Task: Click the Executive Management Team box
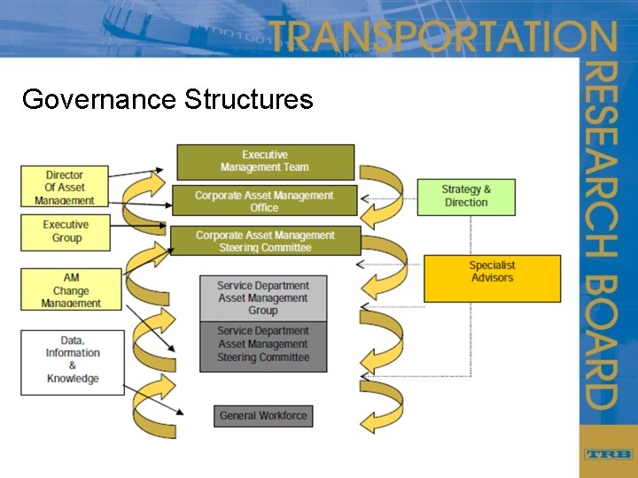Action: tap(265, 162)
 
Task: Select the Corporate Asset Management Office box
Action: tap(264, 201)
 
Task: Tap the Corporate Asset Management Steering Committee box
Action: tap(265, 242)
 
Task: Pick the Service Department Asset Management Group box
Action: tap(263, 298)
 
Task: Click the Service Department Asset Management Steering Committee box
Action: tap(263, 345)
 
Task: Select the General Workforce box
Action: tap(263, 415)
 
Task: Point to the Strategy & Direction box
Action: tap(466, 196)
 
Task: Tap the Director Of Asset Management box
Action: tap(65, 188)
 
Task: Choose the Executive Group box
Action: tap(66, 232)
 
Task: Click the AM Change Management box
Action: tap(70, 290)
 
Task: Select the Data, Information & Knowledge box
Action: tap(72, 360)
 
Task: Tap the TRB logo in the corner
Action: tap(608, 453)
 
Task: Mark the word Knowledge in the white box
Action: tap(73, 379)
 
